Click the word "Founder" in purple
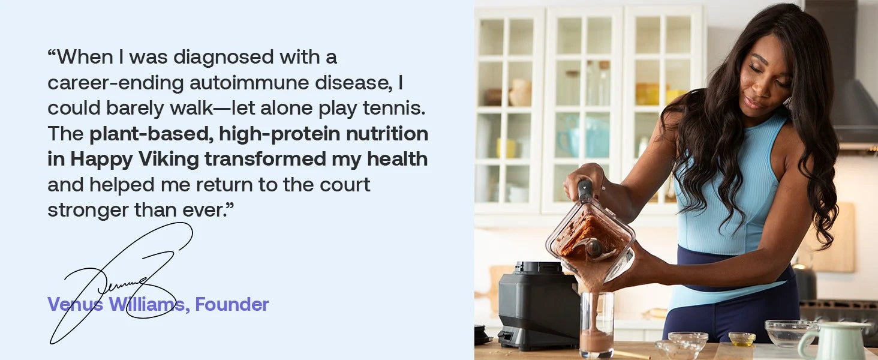click(x=232, y=304)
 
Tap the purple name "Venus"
click(x=75, y=304)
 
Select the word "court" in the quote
click(x=345, y=185)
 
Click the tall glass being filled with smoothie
click(x=597, y=324)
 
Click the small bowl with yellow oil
click(x=742, y=339)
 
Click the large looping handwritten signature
click(x=122, y=283)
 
